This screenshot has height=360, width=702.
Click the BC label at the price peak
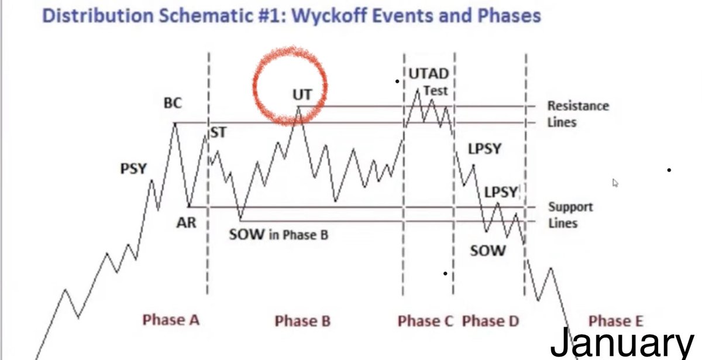(173, 104)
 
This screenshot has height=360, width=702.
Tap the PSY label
(133, 169)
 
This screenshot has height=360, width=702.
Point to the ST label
(218, 133)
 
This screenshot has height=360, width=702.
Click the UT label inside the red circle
(302, 94)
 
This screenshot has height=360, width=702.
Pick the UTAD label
(429, 74)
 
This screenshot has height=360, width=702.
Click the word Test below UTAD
(435, 91)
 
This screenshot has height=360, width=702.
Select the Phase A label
(171, 320)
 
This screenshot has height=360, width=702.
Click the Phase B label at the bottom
(302, 321)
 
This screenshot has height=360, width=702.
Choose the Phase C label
(426, 321)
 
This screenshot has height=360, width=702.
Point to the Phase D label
(490, 321)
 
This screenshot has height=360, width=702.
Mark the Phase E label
(615, 321)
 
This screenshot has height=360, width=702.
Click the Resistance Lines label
(578, 114)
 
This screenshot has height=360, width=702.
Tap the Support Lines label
(570, 215)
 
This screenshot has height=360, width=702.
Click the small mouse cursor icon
(615, 183)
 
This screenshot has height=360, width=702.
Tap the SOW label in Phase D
(487, 251)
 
